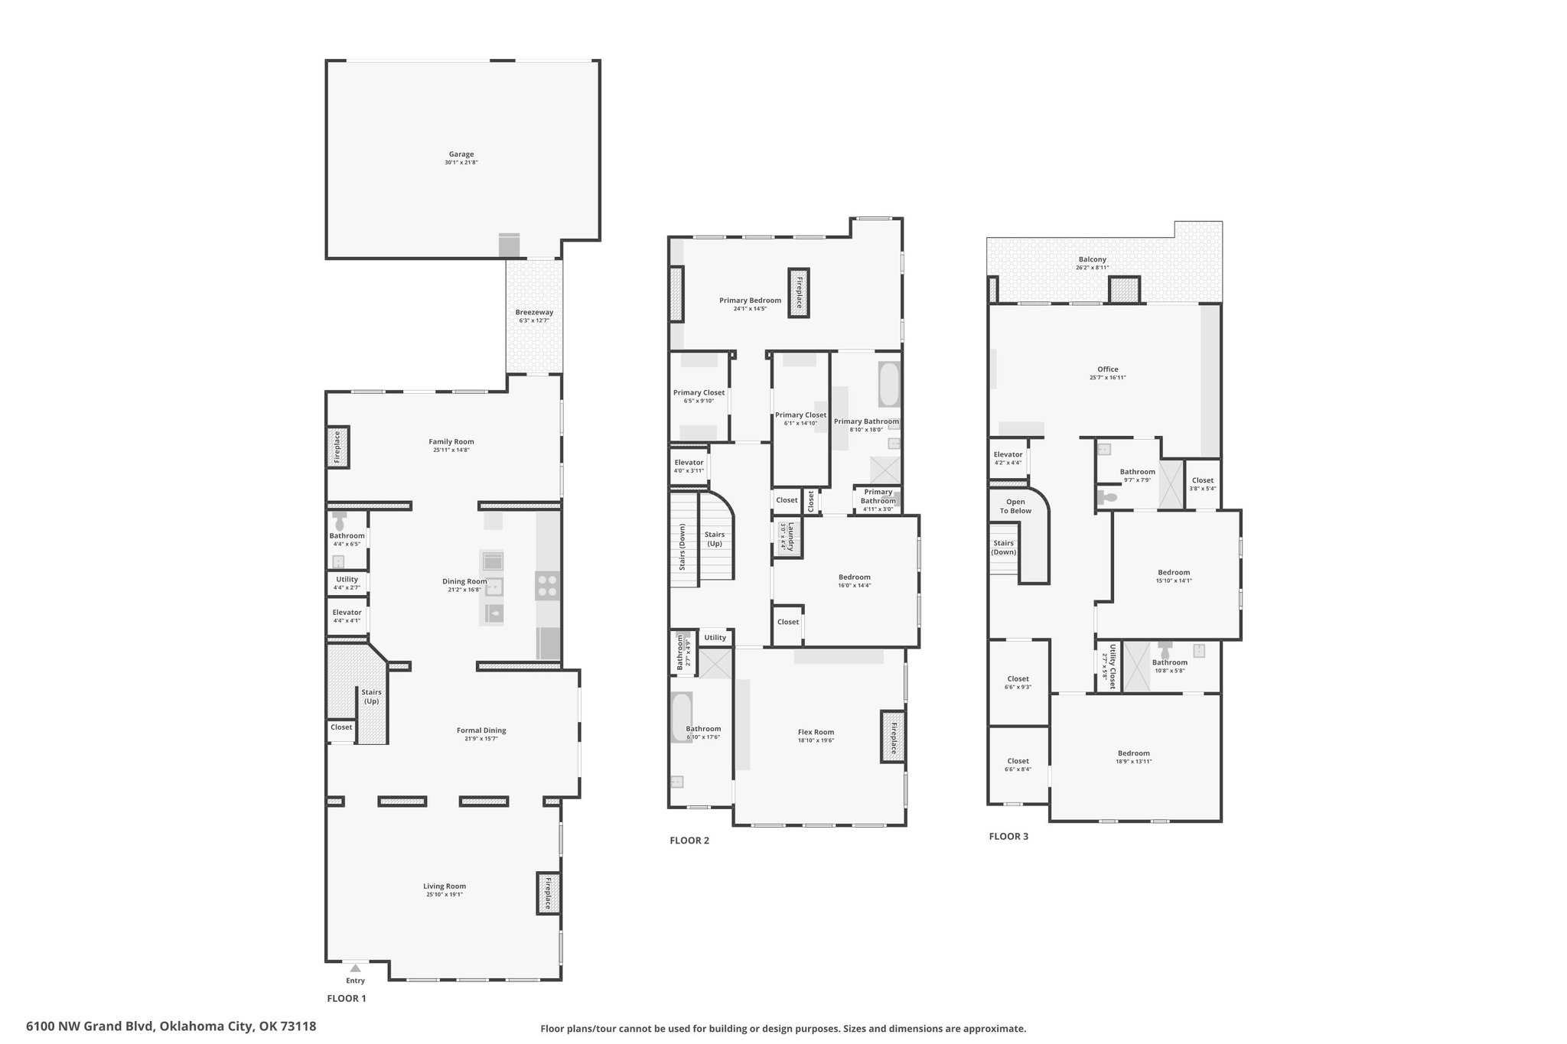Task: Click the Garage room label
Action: (461, 154)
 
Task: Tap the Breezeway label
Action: (534, 312)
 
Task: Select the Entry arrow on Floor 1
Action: (355, 968)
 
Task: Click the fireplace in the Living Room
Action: (548, 893)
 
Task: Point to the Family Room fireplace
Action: (337, 447)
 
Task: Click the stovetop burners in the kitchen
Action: (547, 586)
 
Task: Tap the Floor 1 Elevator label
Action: (347, 613)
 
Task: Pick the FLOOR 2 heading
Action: (689, 841)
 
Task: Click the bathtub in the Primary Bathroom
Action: (888, 384)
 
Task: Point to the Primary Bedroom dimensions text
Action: (750, 309)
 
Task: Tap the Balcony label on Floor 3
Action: (1092, 259)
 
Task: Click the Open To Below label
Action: (1015, 506)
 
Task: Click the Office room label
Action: (1107, 369)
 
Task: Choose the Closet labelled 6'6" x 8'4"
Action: (1018, 765)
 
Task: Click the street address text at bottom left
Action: (171, 1026)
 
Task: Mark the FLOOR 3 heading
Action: (1008, 836)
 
